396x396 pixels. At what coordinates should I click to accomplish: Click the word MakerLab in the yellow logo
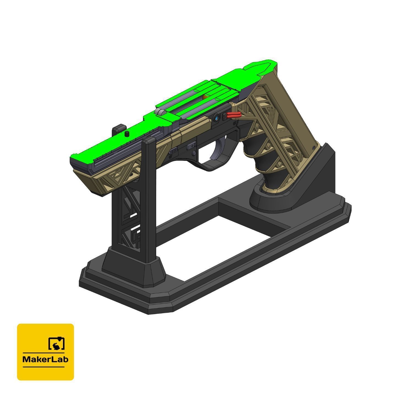pyautogui.click(x=45, y=359)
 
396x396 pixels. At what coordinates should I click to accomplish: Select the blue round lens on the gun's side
pyautogui.click(x=217, y=118)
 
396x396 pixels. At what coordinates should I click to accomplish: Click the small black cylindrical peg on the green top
pyautogui.click(x=127, y=134)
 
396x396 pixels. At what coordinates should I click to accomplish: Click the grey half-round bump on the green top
pyautogui.click(x=160, y=112)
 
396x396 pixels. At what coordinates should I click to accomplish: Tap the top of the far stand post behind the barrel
pyautogui.click(x=119, y=128)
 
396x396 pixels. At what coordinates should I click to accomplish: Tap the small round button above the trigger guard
pyautogui.click(x=195, y=153)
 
